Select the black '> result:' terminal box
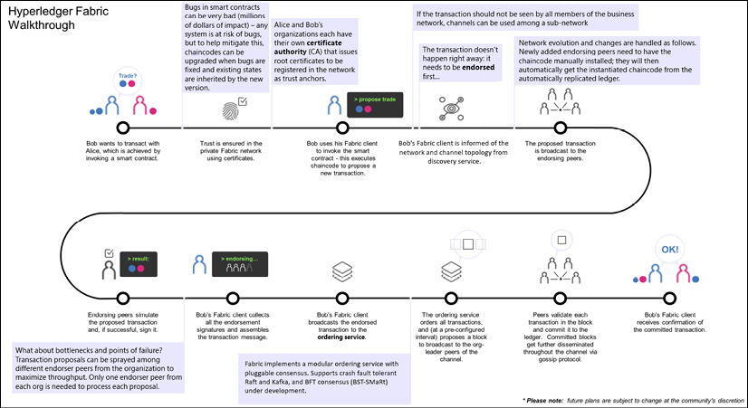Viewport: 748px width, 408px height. coord(143,264)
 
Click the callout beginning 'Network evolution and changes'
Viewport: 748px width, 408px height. coord(610,59)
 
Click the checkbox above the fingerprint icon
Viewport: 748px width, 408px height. coord(242,102)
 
